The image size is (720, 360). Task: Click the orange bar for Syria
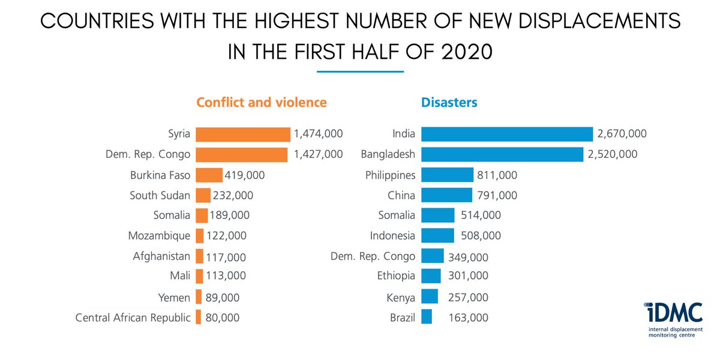(243, 134)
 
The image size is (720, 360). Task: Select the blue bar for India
(507, 134)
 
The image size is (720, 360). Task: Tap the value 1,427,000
(319, 154)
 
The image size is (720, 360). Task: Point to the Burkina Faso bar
(209, 175)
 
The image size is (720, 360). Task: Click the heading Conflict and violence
(262, 102)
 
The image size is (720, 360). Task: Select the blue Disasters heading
(449, 102)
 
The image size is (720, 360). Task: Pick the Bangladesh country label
(388, 154)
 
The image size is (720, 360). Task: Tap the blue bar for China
(446, 195)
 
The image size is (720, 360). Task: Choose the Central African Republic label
(133, 317)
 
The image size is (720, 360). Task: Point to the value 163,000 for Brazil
(468, 317)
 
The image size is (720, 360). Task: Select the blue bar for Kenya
(430, 297)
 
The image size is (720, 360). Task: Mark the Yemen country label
(175, 297)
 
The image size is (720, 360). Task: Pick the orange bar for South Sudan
(203, 195)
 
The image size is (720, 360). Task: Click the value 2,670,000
(622, 134)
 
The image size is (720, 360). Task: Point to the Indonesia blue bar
(437, 235)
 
